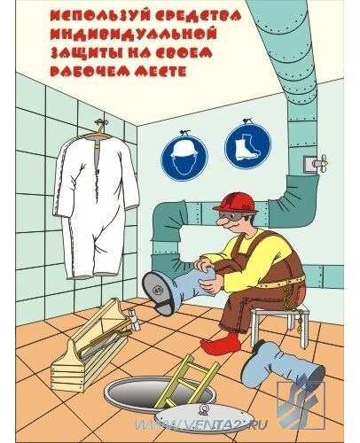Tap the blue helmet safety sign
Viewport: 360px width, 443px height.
184,158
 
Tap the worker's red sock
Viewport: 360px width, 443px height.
220,343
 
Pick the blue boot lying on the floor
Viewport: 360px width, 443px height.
281,367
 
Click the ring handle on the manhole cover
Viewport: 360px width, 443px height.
203,408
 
